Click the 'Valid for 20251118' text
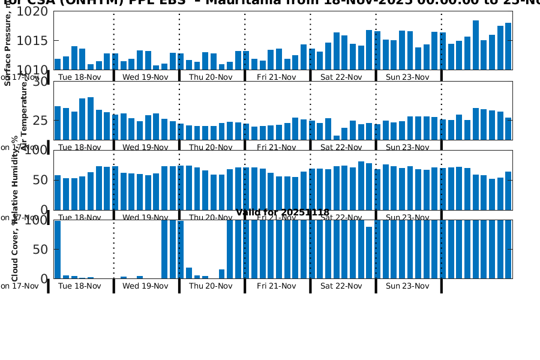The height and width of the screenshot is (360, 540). [282, 212]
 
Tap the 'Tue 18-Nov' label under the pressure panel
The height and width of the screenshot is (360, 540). [79, 77]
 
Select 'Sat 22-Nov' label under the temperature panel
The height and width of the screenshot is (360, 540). [341, 147]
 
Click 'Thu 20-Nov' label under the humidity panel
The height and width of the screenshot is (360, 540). [210, 217]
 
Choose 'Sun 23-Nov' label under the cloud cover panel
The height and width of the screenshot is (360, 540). [407, 286]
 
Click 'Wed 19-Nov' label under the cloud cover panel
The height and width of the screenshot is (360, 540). [145, 286]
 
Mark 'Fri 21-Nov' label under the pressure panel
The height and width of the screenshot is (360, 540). [276, 77]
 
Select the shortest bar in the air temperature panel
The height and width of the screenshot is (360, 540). [337, 137]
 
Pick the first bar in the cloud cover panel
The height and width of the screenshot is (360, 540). [58, 249]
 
